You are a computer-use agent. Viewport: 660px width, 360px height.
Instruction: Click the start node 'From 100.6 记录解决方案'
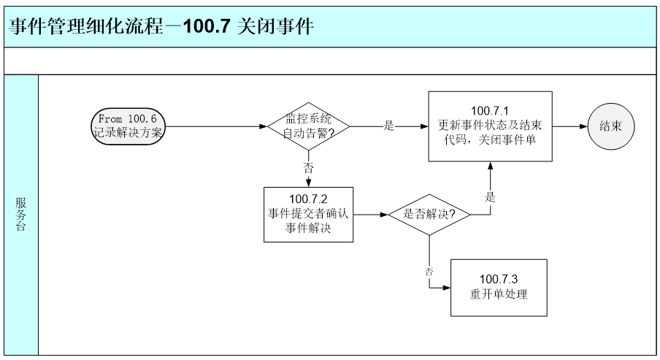(130, 126)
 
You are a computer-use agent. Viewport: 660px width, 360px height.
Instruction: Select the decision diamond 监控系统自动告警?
(308, 126)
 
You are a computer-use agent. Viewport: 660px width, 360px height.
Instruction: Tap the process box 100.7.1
(489, 126)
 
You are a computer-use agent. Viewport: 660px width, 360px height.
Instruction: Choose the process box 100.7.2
(308, 215)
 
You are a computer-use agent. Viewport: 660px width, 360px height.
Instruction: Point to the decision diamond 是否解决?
(429, 215)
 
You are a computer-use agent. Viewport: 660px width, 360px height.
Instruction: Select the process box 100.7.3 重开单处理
(499, 288)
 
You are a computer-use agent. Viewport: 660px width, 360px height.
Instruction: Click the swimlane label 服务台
(21, 215)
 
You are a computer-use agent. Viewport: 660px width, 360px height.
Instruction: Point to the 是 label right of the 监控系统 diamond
(389, 126)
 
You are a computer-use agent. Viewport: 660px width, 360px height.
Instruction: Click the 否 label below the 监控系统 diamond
(308, 167)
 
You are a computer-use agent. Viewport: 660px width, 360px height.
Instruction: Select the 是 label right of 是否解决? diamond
(490, 197)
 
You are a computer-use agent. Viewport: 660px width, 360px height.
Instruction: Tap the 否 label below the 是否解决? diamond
(429, 271)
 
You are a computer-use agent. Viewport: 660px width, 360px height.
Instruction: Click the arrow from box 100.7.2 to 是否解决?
(369, 215)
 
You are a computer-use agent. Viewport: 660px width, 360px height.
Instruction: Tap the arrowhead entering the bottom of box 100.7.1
(490, 167)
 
